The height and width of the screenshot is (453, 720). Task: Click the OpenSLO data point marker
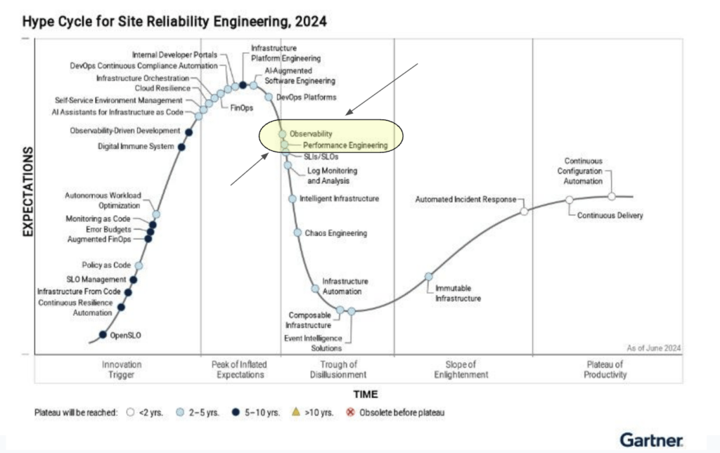(x=103, y=335)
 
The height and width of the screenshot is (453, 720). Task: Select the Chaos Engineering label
(x=335, y=233)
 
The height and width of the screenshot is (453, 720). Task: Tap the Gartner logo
(x=650, y=440)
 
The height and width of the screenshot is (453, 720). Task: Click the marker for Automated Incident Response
(x=524, y=211)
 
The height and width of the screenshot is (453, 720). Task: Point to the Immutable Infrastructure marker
(x=428, y=277)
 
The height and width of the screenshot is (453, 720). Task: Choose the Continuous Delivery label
(x=610, y=216)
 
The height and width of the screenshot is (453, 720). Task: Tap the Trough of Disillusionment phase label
(x=339, y=369)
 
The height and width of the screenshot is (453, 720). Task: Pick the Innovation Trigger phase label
(x=122, y=369)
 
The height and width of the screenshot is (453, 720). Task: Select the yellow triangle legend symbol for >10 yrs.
(x=295, y=412)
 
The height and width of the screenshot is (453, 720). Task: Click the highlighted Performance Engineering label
(x=345, y=145)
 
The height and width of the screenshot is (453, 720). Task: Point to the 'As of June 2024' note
(x=653, y=348)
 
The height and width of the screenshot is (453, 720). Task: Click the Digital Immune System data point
(x=181, y=147)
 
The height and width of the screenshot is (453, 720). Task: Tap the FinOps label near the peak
(x=241, y=107)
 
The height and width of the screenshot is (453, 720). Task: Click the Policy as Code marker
(x=139, y=265)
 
